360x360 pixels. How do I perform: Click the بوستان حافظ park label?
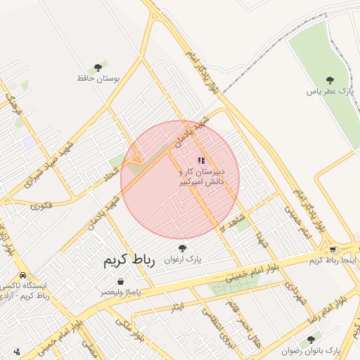(x=101, y=78)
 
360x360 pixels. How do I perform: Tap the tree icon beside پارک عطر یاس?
(x=330, y=79)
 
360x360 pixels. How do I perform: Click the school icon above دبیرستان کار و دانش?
(x=202, y=161)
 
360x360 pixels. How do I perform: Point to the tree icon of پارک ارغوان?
(x=183, y=248)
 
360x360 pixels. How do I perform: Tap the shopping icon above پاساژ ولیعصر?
(x=122, y=281)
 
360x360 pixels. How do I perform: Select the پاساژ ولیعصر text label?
(x=120, y=291)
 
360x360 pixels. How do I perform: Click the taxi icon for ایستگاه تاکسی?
(x=24, y=275)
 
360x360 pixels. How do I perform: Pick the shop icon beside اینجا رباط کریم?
(x=332, y=250)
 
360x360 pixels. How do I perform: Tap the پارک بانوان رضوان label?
(x=311, y=350)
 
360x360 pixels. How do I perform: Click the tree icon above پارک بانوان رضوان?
(x=311, y=340)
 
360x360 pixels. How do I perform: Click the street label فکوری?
(x=41, y=205)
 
